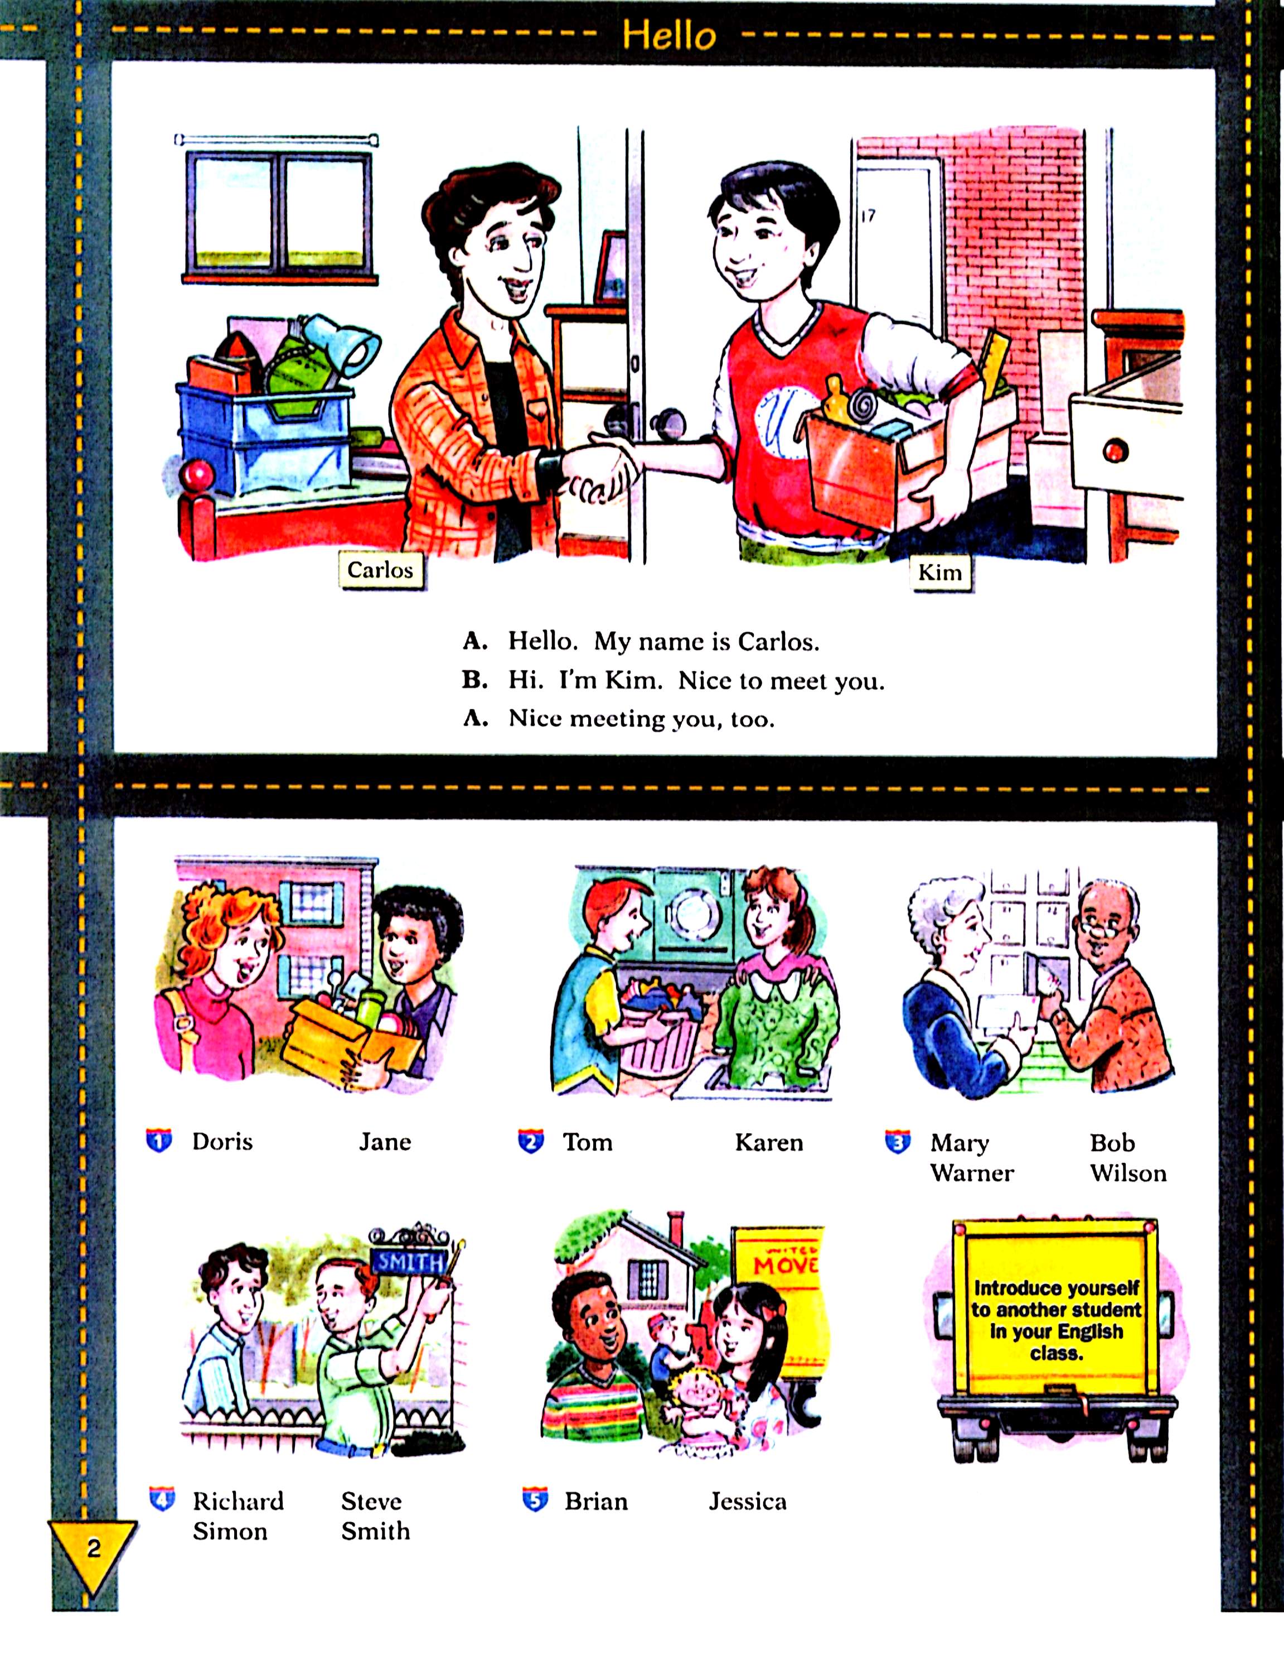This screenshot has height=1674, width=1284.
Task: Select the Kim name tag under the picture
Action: [939, 572]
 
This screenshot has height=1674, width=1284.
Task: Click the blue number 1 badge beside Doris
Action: [159, 1141]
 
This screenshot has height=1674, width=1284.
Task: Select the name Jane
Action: [385, 1142]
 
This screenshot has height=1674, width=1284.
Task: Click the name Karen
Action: [769, 1143]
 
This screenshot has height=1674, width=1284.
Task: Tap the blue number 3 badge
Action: [897, 1142]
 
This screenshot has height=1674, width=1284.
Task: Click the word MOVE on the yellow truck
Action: [785, 1265]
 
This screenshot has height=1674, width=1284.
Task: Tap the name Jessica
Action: [748, 1501]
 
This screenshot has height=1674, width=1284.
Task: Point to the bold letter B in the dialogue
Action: [474, 680]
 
